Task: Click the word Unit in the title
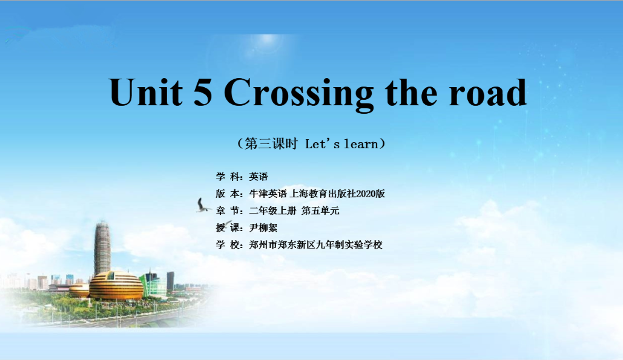tap(146, 92)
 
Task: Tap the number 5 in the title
tap(203, 92)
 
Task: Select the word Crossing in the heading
tap(299, 94)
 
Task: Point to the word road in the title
tap(488, 92)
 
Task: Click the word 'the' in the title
tap(411, 92)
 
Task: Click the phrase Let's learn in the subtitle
tap(341, 143)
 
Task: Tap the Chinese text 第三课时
tap(271, 143)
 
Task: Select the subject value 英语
tap(259, 177)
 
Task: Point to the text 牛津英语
tap(268, 194)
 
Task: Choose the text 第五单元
tap(321, 211)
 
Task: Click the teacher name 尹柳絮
tap(263, 228)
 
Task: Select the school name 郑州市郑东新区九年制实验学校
tap(316, 245)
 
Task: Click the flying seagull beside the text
tap(203, 206)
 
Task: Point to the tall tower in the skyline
tap(102, 248)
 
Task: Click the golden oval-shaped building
tap(116, 286)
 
